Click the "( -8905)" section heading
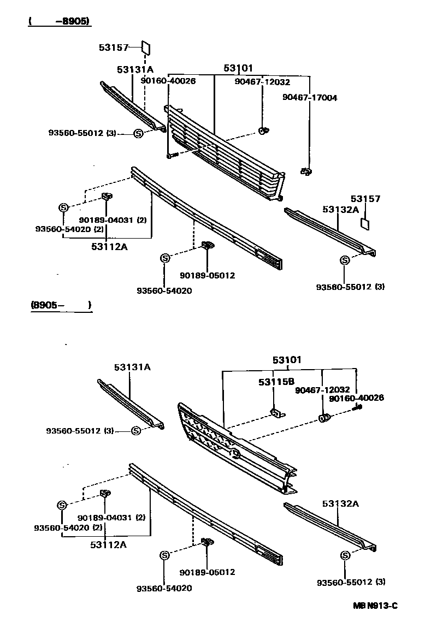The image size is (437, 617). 58,22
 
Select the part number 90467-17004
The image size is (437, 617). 310,98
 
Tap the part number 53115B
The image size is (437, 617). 276,382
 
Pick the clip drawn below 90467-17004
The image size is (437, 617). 305,172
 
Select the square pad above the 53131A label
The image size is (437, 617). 146,48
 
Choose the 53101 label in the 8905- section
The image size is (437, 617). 287,360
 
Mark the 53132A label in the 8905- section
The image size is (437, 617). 340,503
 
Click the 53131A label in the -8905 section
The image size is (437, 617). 135,70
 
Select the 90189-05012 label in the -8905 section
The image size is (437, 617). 208,275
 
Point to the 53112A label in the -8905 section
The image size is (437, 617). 109,247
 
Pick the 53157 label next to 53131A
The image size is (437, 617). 113,48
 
